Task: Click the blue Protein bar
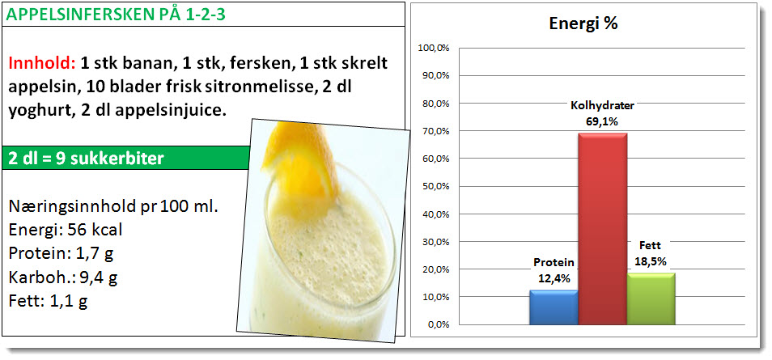click(x=554, y=307)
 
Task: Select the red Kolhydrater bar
click(x=602, y=228)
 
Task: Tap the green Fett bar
click(x=651, y=299)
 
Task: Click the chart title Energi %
click(x=583, y=24)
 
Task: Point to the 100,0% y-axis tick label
click(x=434, y=49)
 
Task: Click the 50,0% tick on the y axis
click(x=435, y=187)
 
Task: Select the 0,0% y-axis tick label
click(x=438, y=325)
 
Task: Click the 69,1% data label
click(x=602, y=121)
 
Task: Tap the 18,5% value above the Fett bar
click(x=651, y=261)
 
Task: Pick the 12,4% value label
click(x=554, y=278)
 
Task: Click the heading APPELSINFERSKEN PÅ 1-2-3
click(x=117, y=15)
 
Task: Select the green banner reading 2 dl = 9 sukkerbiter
click(x=125, y=158)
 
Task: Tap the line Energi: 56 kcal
click(x=66, y=230)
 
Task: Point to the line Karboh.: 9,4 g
click(x=63, y=277)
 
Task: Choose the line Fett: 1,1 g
click(x=49, y=301)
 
